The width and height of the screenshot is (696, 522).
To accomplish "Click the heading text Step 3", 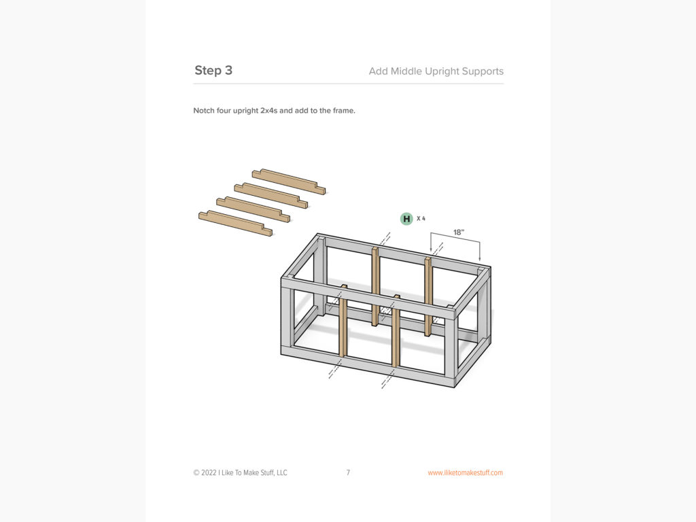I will (213, 71).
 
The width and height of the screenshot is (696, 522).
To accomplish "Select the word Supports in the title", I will (482, 71).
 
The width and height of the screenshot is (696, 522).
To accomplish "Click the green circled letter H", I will (406, 218).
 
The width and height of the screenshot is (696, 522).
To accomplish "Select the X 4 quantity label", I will (421, 218).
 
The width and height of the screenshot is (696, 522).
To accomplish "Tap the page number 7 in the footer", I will (348, 472).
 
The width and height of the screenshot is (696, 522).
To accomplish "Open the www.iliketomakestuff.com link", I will (465, 472).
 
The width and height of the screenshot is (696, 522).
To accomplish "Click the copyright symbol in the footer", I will (196, 472).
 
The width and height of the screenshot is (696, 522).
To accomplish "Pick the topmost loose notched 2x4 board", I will (288, 181).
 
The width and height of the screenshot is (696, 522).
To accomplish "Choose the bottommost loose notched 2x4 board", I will (235, 223).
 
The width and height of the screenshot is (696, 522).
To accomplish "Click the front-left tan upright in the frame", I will (343, 323).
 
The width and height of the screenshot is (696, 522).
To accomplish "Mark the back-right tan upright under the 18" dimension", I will (428, 299).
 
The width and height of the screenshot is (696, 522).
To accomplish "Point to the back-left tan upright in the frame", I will (375, 285).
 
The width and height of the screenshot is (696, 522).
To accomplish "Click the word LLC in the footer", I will (279, 472).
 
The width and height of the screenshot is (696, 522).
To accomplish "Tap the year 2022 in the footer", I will (210, 472).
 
